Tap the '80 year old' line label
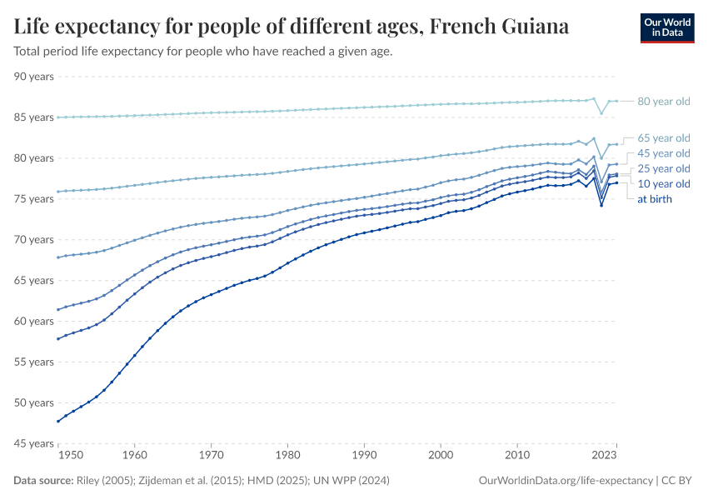(663, 102)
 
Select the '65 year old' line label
(663, 137)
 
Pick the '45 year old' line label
(663, 153)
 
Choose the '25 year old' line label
(663, 168)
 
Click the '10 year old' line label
(663, 183)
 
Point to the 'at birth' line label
(655, 199)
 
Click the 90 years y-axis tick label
(34, 77)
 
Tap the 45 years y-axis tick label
(34, 443)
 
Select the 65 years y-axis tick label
(34, 280)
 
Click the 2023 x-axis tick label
(604, 456)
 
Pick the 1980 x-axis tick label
(287, 456)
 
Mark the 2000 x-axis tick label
(441, 456)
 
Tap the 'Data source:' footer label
(42, 481)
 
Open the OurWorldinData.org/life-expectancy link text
(566, 481)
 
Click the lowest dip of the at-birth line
(601, 205)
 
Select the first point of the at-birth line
(57, 421)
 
